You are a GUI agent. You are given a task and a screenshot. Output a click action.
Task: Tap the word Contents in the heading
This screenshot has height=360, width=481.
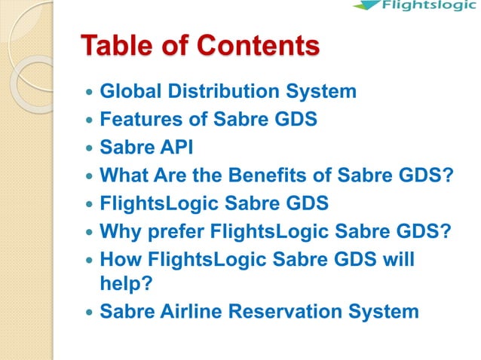(x=259, y=45)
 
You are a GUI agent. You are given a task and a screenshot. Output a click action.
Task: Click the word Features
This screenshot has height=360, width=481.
(x=136, y=118)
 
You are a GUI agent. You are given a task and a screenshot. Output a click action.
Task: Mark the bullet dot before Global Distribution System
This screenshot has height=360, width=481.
(x=90, y=93)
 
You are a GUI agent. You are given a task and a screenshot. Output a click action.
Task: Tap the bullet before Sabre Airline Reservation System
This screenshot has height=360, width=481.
(x=90, y=310)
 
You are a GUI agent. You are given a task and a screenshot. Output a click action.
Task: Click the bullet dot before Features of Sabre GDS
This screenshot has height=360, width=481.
(x=90, y=119)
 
